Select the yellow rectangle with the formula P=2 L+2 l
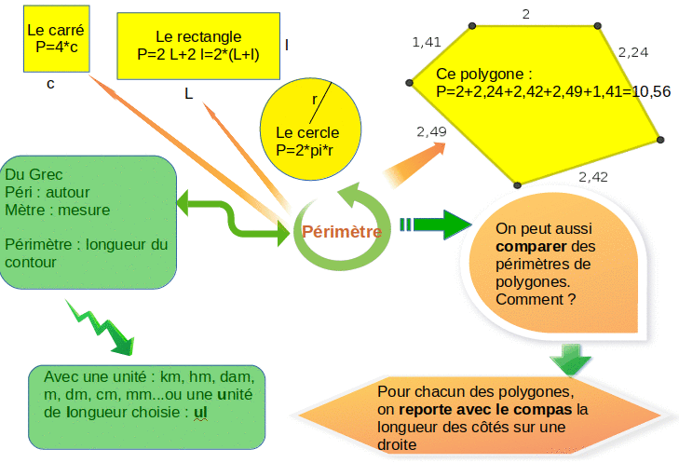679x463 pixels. pos(198,46)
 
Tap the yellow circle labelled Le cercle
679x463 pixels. pos(307,130)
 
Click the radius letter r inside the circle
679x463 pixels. pos(314,99)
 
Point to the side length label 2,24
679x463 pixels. pos(633,52)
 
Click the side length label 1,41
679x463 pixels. pos(427,42)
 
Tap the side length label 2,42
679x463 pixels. pos(593,176)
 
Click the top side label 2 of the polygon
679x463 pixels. pos(526,14)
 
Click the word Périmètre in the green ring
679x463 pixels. pos(343,232)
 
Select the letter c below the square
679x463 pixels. pos(50,84)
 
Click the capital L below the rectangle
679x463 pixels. pos(189,93)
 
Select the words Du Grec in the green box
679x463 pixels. pos(34,175)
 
